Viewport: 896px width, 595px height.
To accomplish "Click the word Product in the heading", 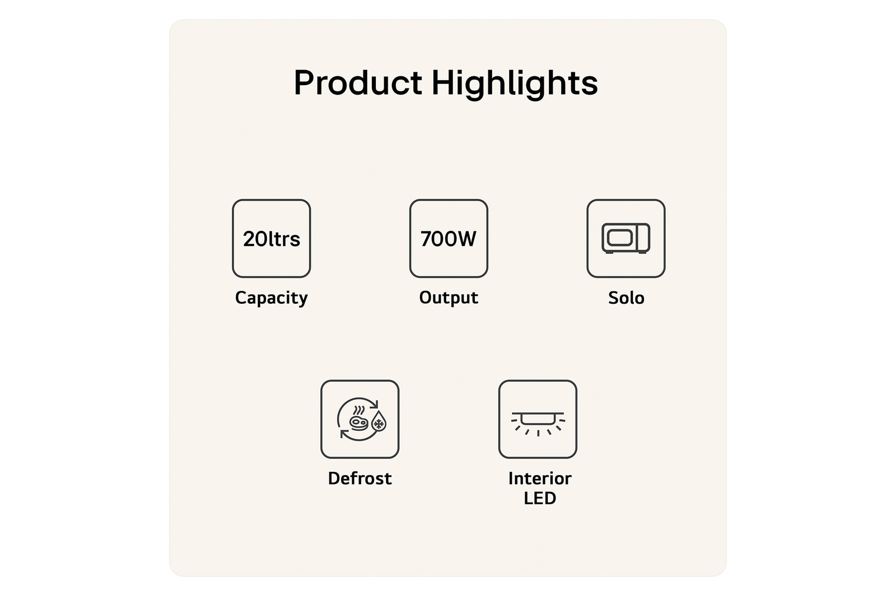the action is tap(358, 82).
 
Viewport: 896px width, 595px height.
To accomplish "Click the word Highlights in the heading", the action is tap(515, 84).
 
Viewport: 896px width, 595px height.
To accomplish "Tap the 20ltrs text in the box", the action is tap(271, 239).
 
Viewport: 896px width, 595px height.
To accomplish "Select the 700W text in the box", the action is tap(449, 239).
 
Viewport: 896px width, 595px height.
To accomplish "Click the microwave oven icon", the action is tap(626, 239).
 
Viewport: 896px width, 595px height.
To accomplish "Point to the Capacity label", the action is tap(271, 298).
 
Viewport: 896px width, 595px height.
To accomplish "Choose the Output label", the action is tap(449, 297).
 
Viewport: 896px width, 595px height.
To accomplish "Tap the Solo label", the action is tap(626, 297).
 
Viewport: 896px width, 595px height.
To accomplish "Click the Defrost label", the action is tap(360, 478).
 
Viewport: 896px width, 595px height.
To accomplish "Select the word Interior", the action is tap(540, 478).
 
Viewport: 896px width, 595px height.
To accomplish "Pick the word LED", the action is tap(540, 498).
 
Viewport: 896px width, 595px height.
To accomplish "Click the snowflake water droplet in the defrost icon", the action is tap(379, 422).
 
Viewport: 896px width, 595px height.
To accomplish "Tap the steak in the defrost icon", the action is tap(358, 422).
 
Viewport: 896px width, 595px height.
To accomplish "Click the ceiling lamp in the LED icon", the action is tap(538, 418).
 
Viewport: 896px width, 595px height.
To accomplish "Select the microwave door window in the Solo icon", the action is tap(619, 238).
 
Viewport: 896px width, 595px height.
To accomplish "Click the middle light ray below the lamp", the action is tap(538, 433).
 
